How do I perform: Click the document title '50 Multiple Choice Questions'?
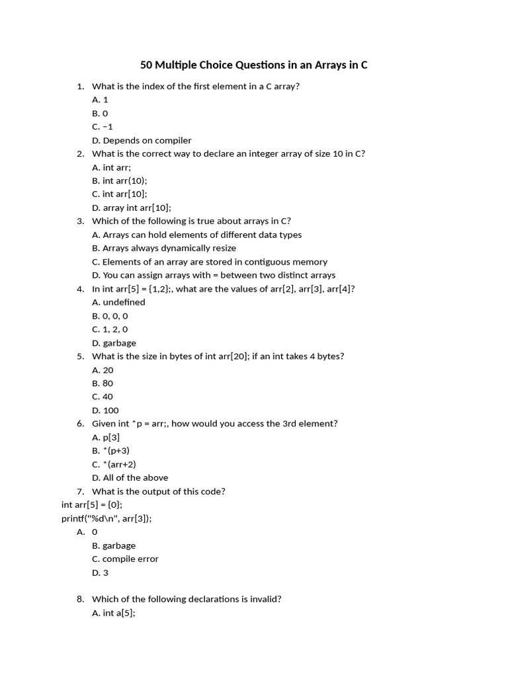(253, 65)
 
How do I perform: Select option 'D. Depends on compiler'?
(142, 140)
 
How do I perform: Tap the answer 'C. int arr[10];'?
(120, 194)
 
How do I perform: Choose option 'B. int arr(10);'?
(120, 180)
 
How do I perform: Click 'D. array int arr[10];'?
(132, 208)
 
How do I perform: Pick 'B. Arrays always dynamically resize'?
(164, 248)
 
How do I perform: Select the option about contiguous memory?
(210, 262)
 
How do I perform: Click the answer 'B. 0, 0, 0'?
(110, 316)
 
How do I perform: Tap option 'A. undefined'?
(118, 302)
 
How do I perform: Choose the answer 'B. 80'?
(103, 383)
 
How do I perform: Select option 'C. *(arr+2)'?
(114, 464)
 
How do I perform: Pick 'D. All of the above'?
(130, 477)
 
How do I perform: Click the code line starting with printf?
(106, 518)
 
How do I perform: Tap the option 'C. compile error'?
(125, 559)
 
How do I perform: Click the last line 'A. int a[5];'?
(114, 613)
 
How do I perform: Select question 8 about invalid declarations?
(187, 599)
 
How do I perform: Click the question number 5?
(80, 356)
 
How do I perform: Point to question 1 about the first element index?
(196, 86)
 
